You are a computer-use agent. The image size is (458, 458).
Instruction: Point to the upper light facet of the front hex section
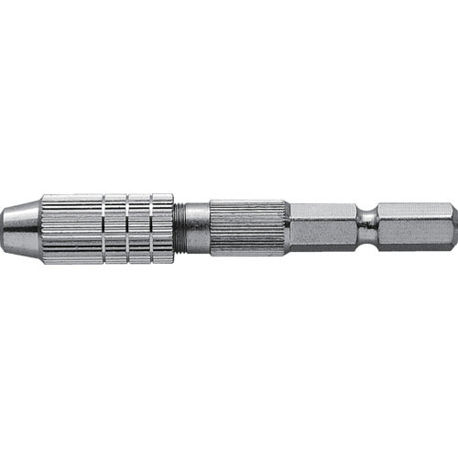[322, 212]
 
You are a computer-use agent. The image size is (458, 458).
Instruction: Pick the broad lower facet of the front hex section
[322, 235]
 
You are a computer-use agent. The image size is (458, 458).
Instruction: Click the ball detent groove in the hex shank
[367, 227]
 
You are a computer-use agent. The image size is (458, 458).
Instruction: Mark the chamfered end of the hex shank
[453, 227]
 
